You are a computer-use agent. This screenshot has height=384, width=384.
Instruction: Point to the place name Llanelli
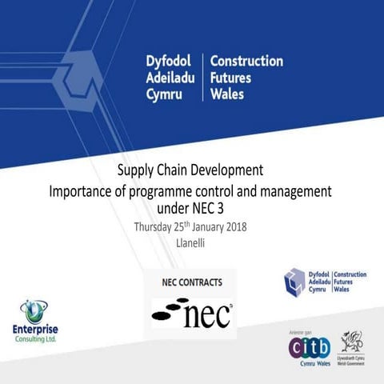(x=191, y=242)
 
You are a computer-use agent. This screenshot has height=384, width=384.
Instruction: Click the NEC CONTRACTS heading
(x=192, y=282)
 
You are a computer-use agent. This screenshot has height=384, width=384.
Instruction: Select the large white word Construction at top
(x=246, y=62)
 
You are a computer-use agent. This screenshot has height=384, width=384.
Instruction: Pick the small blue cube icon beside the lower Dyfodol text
(x=294, y=281)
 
